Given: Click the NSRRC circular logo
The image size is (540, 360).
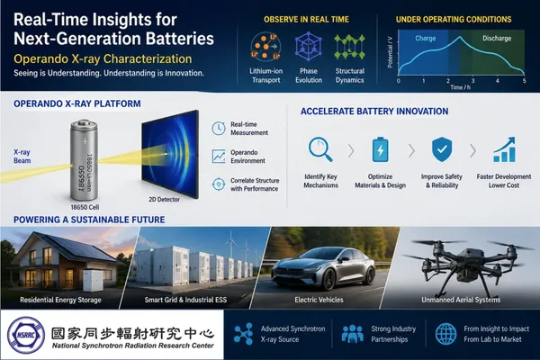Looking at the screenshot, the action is tap(26, 335).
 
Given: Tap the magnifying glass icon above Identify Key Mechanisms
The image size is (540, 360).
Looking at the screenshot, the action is tap(320, 150).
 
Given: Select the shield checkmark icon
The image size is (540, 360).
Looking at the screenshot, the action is tap(442, 149).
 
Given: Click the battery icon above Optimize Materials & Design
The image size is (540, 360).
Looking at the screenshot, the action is tap(380, 149).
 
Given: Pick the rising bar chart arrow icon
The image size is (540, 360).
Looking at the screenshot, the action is tap(505, 149).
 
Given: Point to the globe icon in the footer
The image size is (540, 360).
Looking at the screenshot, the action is tap(446, 334).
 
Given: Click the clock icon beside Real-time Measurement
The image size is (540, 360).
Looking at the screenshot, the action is tap(219, 129).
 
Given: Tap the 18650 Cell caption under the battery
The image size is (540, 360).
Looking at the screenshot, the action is tap(85, 207).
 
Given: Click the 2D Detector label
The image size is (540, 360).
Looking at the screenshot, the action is tap(165, 199).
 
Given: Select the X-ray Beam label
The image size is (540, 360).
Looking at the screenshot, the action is tap(22, 157).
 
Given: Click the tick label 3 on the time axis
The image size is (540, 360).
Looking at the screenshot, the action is tap(472, 81).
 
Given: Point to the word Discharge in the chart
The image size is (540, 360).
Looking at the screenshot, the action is tap(497, 38).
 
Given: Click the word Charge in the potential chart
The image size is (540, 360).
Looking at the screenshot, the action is tap(426, 38).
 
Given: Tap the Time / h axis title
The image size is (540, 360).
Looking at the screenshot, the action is tap(461, 87).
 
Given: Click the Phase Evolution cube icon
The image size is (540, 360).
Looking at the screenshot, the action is tap(308, 47).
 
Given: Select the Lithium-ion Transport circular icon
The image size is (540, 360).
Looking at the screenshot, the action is tap(265, 47).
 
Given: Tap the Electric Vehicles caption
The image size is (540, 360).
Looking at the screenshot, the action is tap(319, 300).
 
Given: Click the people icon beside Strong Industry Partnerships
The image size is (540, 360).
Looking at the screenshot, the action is tap(352, 334).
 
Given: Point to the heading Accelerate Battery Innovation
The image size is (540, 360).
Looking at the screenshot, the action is tap(374, 112).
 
